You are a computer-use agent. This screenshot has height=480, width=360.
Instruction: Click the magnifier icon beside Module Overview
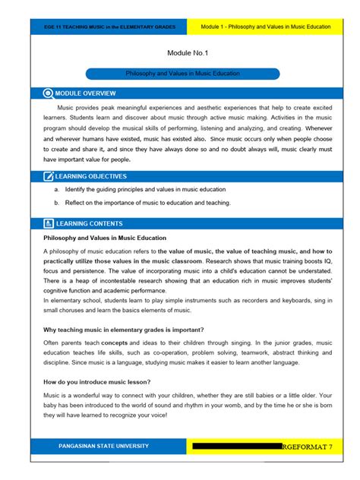tap(49, 93)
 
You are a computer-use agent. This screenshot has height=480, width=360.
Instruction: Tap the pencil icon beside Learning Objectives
tap(49, 176)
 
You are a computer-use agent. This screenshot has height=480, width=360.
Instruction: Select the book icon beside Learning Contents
tap(49, 224)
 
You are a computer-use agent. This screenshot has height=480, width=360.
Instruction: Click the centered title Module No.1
tap(182, 54)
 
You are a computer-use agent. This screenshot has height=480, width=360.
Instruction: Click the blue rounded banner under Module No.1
tap(182, 74)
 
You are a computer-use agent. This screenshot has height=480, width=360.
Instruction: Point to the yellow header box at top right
tap(266, 27)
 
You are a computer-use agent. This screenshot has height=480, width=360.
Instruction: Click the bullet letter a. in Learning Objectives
tap(58, 190)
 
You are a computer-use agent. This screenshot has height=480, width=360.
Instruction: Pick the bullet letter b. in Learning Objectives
tap(58, 203)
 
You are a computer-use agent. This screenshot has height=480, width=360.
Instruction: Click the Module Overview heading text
tap(86, 93)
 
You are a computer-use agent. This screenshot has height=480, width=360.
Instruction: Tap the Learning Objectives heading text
tap(92, 176)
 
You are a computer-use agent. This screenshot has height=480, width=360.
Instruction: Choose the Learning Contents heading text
tap(89, 224)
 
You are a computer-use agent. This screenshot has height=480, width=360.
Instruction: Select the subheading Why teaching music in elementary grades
tap(123, 330)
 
